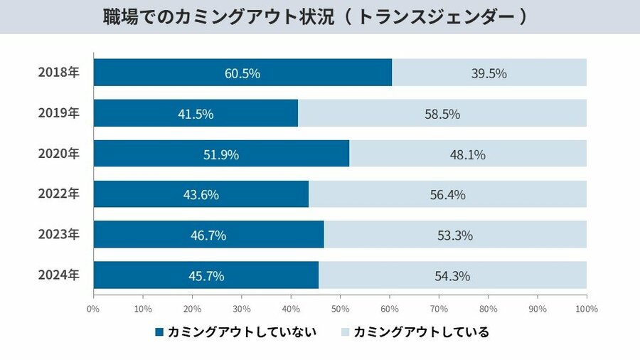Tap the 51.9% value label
click(x=221, y=154)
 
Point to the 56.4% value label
click(x=447, y=194)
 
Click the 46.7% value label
click(x=208, y=235)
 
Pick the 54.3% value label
click(x=452, y=275)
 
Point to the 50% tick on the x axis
click(x=340, y=309)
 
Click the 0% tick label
click(x=93, y=309)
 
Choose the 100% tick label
click(x=586, y=309)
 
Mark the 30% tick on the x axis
click(x=241, y=309)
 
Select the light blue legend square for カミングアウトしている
click(x=346, y=332)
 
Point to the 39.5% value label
click(x=489, y=73)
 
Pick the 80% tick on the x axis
click(x=488, y=309)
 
